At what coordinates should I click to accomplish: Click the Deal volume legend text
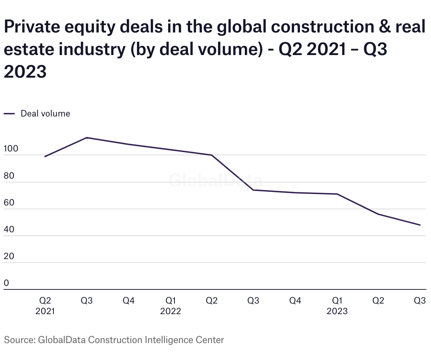45,114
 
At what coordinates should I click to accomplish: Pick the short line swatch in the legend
9,114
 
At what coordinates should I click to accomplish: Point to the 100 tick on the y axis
11,149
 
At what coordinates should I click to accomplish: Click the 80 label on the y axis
9,175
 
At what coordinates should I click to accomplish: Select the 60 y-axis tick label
9,203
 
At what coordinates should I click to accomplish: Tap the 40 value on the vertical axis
9,229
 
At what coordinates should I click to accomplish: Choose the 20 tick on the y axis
9,256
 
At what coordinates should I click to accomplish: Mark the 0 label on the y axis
6,283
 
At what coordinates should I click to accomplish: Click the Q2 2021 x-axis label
45,306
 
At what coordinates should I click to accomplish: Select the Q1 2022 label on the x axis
170,306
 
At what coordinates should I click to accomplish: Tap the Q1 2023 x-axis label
337,306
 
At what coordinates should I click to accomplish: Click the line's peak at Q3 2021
87,138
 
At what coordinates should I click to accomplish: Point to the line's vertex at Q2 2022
212,155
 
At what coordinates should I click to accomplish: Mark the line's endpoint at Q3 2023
420,225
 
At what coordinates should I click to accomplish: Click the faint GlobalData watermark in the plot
215,180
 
